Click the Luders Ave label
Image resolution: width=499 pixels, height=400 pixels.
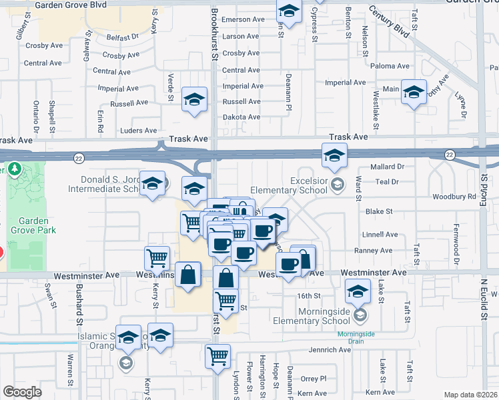pyautogui.click(x=138, y=131)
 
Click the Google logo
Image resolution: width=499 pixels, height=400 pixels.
pyautogui.click(x=22, y=392)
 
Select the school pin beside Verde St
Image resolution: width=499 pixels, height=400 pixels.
pyautogui.click(x=194, y=100)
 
